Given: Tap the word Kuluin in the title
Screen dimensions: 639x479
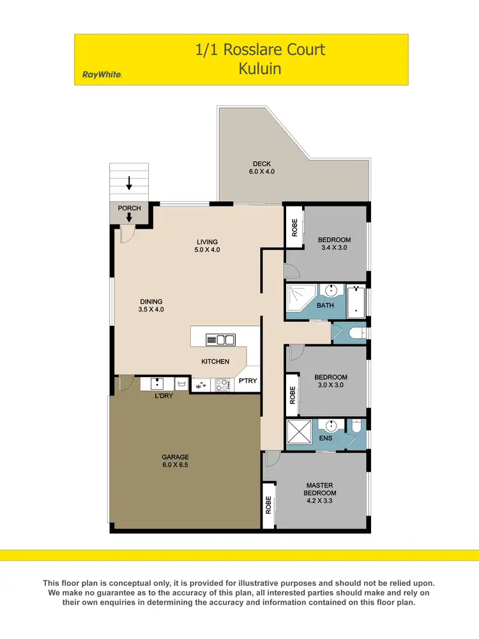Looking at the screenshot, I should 260,68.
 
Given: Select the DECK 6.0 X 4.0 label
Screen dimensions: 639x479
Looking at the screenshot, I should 261,168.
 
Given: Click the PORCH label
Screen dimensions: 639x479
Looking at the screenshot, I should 130,208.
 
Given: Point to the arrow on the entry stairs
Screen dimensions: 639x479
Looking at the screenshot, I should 129,183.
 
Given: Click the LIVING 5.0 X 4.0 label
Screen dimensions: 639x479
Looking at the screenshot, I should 208,245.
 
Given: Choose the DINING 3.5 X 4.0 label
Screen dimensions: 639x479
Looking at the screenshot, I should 151,305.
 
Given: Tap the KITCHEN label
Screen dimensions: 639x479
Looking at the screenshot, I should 215,362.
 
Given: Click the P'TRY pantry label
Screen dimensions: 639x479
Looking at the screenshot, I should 248,381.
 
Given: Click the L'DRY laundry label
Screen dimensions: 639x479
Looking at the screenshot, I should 163,396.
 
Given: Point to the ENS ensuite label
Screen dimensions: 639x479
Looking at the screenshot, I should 325,438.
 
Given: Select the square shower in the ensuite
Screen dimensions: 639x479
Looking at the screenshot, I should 298,432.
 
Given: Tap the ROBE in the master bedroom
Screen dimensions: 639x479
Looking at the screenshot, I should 268,505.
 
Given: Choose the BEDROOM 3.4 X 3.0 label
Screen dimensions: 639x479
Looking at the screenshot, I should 334,243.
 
